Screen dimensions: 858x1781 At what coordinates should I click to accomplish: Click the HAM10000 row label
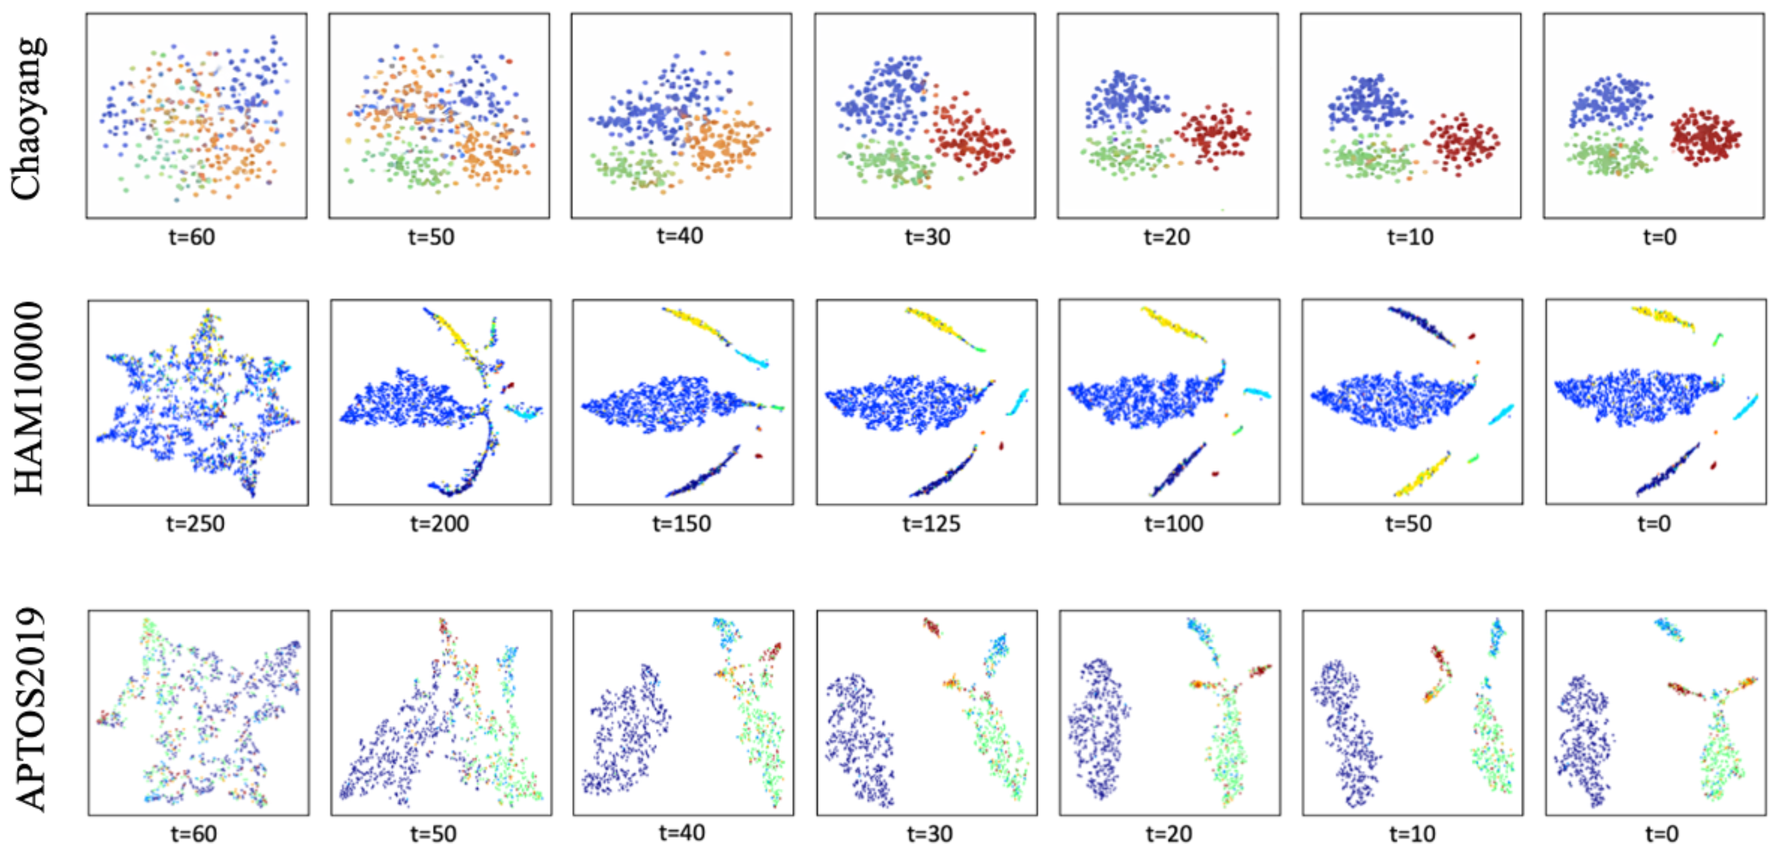29,398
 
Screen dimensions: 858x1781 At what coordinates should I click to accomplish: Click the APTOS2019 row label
30,709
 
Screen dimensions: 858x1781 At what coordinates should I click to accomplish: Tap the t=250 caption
195,523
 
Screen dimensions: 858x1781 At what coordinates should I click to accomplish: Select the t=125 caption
931,523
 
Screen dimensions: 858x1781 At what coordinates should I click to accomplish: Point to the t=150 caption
681,523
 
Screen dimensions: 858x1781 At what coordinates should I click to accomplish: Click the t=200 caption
439,523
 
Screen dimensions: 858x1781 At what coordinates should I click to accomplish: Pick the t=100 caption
1173,523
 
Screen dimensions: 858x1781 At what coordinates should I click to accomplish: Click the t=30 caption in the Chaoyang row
927,237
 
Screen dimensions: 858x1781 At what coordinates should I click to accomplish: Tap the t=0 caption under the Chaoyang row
1659,237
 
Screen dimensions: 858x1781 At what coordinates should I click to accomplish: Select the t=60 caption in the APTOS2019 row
194,834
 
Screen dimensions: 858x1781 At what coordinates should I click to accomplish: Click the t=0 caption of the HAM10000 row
1654,523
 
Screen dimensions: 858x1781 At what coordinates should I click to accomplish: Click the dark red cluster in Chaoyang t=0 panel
1704,137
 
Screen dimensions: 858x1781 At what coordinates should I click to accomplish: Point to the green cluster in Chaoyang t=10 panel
1366,159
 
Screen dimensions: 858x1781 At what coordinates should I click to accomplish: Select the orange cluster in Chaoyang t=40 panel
726,145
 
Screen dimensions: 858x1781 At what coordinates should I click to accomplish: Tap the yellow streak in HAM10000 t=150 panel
695,323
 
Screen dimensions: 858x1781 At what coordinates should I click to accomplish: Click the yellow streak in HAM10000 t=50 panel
1421,475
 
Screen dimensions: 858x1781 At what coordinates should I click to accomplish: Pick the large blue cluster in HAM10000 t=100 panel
1141,399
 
